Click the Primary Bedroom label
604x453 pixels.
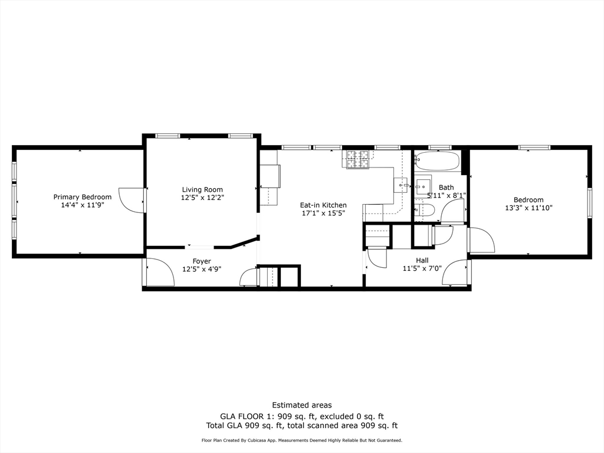coord(82,197)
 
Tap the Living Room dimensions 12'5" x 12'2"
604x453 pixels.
coord(202,198)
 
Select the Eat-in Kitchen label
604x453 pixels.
coord(323,205)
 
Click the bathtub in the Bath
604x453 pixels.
coord(437,160)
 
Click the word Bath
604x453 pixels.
coord(446,188)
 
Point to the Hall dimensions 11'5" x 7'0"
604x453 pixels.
coord(422,268)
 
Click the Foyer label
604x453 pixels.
coord(202,261)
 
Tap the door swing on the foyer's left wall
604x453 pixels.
coord(158,273)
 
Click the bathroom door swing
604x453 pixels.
coord(454,211)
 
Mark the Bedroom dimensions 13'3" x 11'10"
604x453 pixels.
coord(528,208)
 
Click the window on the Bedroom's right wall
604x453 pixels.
coord(589,203)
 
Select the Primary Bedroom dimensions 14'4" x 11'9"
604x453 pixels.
coord(82,205)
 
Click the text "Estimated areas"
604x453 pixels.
coord(301,405)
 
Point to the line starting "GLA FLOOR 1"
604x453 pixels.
coord(301,416)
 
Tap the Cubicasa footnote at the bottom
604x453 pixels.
coord(301,441)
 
